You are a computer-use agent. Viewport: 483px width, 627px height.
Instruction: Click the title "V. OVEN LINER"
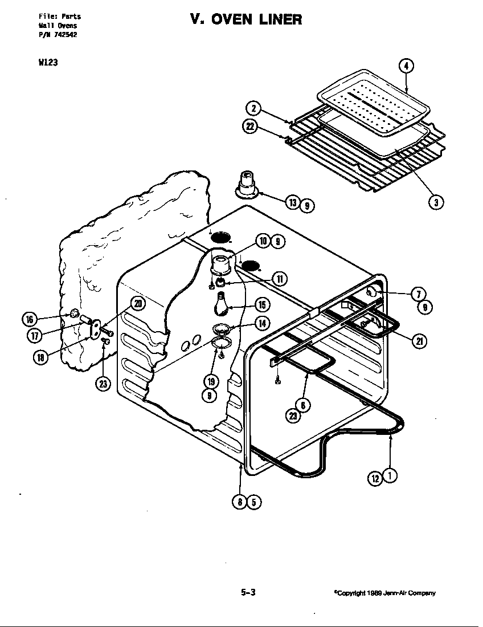click(x=246, y=19)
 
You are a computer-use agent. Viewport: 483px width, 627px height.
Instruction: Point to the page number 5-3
click(x=248, y=592)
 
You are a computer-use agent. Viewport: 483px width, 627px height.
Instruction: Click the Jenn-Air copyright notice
click(x=384, y=593)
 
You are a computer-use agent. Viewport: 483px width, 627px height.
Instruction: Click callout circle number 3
click(x=436, y=201)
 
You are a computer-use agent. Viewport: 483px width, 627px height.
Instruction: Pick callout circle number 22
click(x=251, y=127)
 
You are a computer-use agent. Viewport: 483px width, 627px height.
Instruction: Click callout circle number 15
click(x=261, y=304)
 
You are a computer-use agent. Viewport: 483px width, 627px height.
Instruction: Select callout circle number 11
click(x=280, y=279)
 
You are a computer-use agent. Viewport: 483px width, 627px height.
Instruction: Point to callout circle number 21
click(x=420, y=341)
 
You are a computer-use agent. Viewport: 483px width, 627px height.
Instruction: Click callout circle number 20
click(x=138, y=303)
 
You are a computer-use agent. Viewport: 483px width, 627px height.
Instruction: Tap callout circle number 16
click(x=30, y=318)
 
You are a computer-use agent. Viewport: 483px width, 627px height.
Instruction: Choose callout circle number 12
click(x=376, y=479)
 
